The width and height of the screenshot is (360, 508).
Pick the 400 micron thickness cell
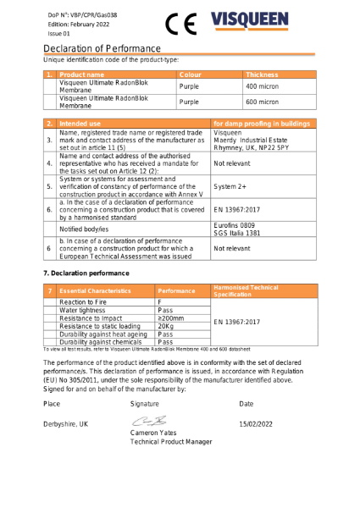click(x=262, y=86)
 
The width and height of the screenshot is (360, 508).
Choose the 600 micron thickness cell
click(x=262, y=102)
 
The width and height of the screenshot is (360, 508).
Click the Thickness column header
click(x=262, y=75)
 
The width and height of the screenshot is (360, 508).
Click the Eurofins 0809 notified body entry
click(x=236, y=225)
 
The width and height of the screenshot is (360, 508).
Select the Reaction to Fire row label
click(x=83, y=301)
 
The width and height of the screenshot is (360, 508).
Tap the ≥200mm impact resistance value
click(x=173, y=317)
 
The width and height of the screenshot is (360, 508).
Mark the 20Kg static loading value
click(x=166, y=325)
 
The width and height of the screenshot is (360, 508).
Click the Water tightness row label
click(x=83, y=310)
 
